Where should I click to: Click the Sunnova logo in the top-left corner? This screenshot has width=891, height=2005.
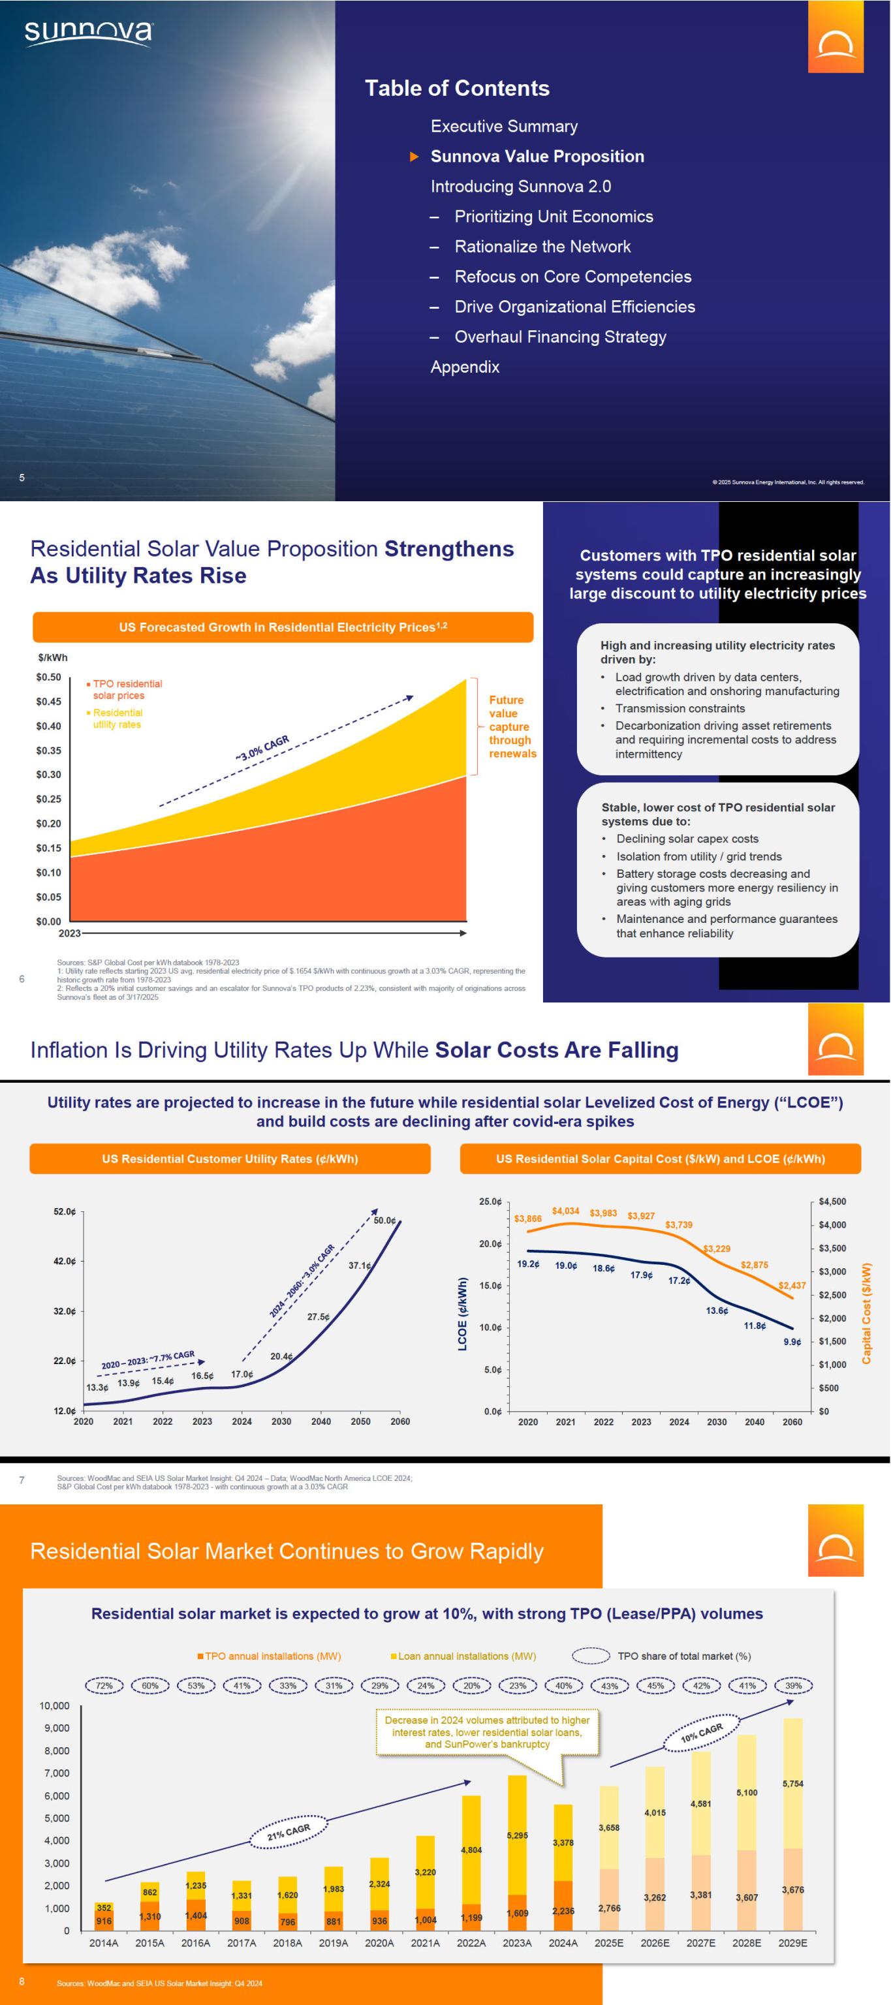pyautogui.click(x=88, y=33)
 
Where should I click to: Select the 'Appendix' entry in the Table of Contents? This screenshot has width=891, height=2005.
pyautogui.click(x=465, y=367)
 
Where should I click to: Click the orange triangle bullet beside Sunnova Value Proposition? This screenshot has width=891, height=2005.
pyautogui.click(x=414, y=157)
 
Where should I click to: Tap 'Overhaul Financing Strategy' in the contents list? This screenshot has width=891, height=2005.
pyautogui.click(x=560, y=337)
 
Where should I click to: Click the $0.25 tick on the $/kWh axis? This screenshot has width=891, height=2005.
pyautogui.click(x=48, y=800)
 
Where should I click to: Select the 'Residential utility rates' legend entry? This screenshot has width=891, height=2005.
pyautogui.click(x=117, y=719)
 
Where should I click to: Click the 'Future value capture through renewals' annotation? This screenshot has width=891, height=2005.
pyautogui.click(x=511, y=727)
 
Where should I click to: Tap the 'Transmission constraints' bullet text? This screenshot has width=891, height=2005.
pyautogui.click(x=680, y=708)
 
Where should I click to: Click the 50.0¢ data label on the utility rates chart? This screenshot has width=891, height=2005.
pyautogui.click(x=384, y=1220)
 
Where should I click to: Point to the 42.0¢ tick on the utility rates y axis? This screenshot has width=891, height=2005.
pyautogui.click(x=65, y=1261)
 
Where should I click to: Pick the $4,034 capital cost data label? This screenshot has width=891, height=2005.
pyautogui.click(x=566, y=1211)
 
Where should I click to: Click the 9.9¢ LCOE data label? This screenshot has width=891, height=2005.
pyautogui.click(x=791, y=1342)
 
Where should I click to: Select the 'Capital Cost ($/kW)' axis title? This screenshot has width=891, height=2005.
pyautogui.click(x=866, y=1313)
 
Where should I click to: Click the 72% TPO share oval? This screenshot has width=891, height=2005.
pyautogui.click(x=104, y=1686)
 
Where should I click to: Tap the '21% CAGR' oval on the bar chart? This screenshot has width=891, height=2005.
pyautogui.click(x=289, y=1832)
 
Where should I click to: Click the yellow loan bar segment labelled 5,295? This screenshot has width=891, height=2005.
pyautogui.click(x=518, y=1835)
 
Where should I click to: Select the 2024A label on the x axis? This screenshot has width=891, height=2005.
pyautogui.click(x=563, y=1943)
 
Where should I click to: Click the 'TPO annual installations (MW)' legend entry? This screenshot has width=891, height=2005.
pyautogui.click(x=268, y=1656)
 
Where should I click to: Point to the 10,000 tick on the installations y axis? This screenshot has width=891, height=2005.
pyautogui.click(x=54, y=1705)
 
